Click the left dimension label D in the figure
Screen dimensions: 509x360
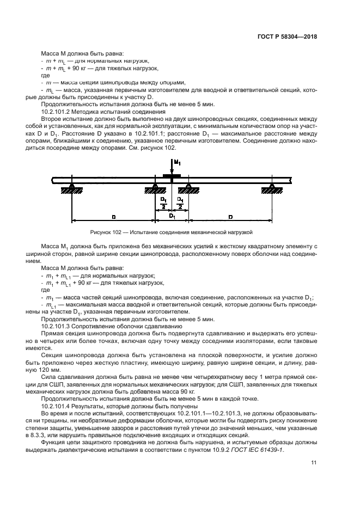coord(113,217)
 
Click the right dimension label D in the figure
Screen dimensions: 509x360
coord(230,217)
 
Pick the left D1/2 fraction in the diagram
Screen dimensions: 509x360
coord(164,203)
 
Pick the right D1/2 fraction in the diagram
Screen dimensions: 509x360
coord(180,203)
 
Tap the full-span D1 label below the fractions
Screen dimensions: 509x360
coord(172,216)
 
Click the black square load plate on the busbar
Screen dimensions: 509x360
coord(172,176)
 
